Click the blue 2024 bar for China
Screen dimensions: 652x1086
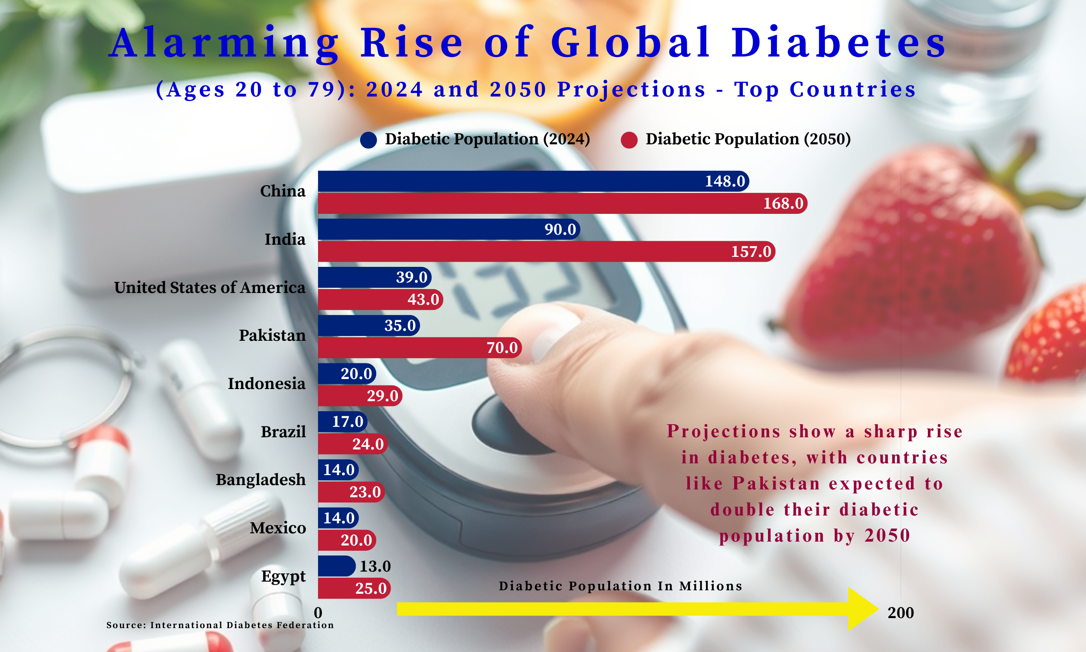(x=505, y=181)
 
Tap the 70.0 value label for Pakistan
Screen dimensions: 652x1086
(x=502, y=348)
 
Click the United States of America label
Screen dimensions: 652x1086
(x=209, y=287)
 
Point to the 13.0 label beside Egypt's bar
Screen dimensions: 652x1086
(x=375, y=566)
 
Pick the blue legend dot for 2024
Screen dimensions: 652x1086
(x=368, y=140)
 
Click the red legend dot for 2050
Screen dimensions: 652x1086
(x=629, y=140)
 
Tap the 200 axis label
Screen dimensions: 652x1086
(x=901, y=612)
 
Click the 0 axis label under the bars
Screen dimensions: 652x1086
(x=318, y=612)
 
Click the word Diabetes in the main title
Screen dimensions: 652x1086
(x=838, y=43)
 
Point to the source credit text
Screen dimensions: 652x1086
(x=220, y=625)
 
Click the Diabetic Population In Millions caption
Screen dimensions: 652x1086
(x=620, y=585)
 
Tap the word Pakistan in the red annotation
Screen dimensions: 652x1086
(x=776, y=483)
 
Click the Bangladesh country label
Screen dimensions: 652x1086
(x=260, y=479)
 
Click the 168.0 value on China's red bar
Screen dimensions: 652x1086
(x=783, y=203)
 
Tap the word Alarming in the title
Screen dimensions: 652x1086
(x=224, y=43)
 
